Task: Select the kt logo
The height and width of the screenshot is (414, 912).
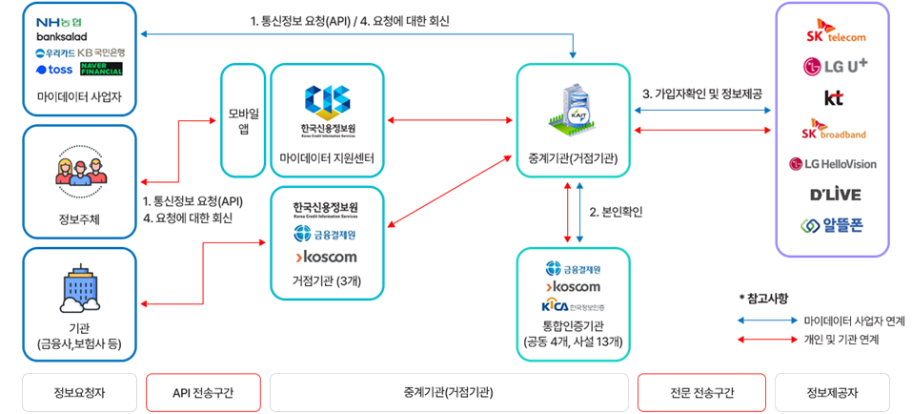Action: pos(834,97)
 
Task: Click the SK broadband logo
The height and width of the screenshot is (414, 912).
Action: pos(834,132)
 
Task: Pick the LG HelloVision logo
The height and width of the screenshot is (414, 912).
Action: pos(834,163)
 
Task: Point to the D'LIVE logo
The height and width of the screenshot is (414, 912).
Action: pos(834,195)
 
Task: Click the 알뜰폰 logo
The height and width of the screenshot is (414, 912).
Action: pos(834,226)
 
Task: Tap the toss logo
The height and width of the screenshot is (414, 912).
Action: pos(53,70)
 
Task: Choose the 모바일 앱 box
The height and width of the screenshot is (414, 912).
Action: pos(238,120)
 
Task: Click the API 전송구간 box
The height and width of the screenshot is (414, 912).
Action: pos(203,392)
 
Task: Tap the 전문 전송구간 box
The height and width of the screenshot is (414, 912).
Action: pos(702,392)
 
